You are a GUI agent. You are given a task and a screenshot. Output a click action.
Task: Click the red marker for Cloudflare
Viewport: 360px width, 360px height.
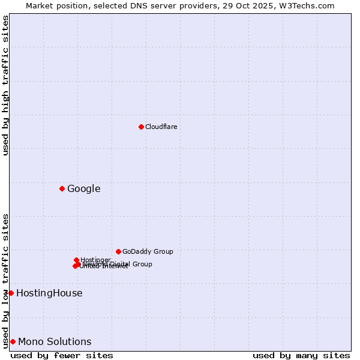click(141, 127)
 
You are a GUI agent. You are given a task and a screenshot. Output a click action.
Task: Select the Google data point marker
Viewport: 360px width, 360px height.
click(62, 189)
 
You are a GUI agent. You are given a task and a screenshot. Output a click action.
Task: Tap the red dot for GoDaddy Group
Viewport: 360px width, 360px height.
click(118, 251)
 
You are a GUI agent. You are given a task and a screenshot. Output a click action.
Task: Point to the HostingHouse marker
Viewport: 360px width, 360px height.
click(11, 293)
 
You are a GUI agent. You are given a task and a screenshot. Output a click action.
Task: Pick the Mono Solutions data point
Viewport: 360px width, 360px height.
click(13, 341)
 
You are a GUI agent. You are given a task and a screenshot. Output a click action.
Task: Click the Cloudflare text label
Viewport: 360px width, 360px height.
click(161, 127)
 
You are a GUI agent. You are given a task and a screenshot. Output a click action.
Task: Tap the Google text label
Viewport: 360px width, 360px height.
click(83, 189)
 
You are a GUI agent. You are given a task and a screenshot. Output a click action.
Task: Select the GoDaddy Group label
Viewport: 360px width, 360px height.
click(147, 251)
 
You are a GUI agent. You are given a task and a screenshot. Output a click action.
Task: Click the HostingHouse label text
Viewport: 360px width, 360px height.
click(49, 293)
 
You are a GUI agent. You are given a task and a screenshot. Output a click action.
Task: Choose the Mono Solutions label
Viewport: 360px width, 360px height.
click(55, 342)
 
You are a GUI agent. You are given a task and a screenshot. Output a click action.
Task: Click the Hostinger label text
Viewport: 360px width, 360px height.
click(95, 260)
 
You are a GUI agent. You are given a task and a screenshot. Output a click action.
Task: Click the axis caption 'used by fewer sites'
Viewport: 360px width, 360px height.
click(62, 355)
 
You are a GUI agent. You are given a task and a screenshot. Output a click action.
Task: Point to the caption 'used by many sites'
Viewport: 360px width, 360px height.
click(301, 355)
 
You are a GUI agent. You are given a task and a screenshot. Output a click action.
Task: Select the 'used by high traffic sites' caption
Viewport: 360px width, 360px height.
click(6, 85)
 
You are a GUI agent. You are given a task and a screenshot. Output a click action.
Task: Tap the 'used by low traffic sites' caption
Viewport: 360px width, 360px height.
click(6, 280)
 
